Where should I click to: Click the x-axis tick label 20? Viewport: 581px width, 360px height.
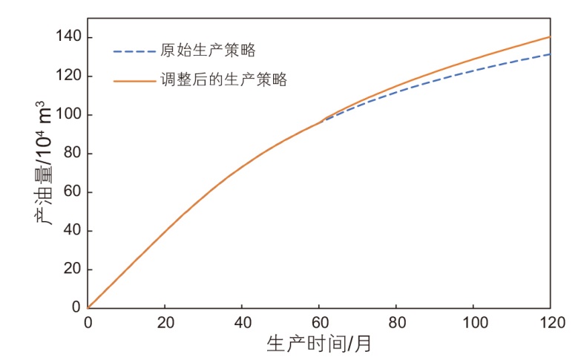tap(165, 323)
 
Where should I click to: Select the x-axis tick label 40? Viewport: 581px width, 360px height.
tap(242, 323)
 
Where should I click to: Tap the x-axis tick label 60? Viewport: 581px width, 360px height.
tap(319, 323)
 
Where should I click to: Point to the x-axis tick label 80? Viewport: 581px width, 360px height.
tap(396, 323)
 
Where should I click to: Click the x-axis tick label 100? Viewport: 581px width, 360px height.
tap(473, 323)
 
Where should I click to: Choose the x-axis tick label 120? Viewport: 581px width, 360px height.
tap(550, 323)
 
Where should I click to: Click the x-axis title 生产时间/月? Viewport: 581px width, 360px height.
tap(319, 344)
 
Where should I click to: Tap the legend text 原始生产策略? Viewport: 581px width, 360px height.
tap(208, 51)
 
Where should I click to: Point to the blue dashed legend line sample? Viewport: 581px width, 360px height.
tap(133, 52)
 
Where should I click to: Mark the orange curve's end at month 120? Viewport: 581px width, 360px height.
tap(550, 36)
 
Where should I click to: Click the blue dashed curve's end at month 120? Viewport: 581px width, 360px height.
tap(550, 53)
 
